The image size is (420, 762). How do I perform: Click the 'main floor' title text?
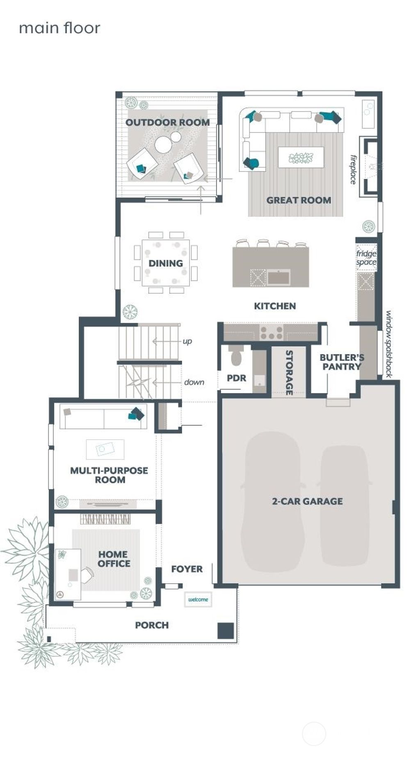59,28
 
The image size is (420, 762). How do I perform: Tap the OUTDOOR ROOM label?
167,122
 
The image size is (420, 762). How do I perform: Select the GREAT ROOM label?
299,200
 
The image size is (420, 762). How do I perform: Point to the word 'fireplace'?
353,169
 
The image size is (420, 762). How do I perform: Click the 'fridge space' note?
366,258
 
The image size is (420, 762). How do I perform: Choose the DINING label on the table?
166,263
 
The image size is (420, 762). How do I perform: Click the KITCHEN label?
275,306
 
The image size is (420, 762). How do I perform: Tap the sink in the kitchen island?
278,278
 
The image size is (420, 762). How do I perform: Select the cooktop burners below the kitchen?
272,332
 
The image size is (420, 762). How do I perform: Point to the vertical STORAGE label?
289,372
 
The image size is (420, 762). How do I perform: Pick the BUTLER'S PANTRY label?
342,362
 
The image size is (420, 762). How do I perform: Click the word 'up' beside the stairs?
187,341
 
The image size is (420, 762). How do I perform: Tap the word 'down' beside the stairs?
194,382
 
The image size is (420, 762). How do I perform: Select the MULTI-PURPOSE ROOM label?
109,475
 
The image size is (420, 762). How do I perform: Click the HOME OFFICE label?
114,559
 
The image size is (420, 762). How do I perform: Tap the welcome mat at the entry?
198,600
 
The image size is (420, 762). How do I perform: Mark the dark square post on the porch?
225,630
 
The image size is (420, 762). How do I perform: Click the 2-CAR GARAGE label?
307,501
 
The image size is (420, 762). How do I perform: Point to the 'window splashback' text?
388,344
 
